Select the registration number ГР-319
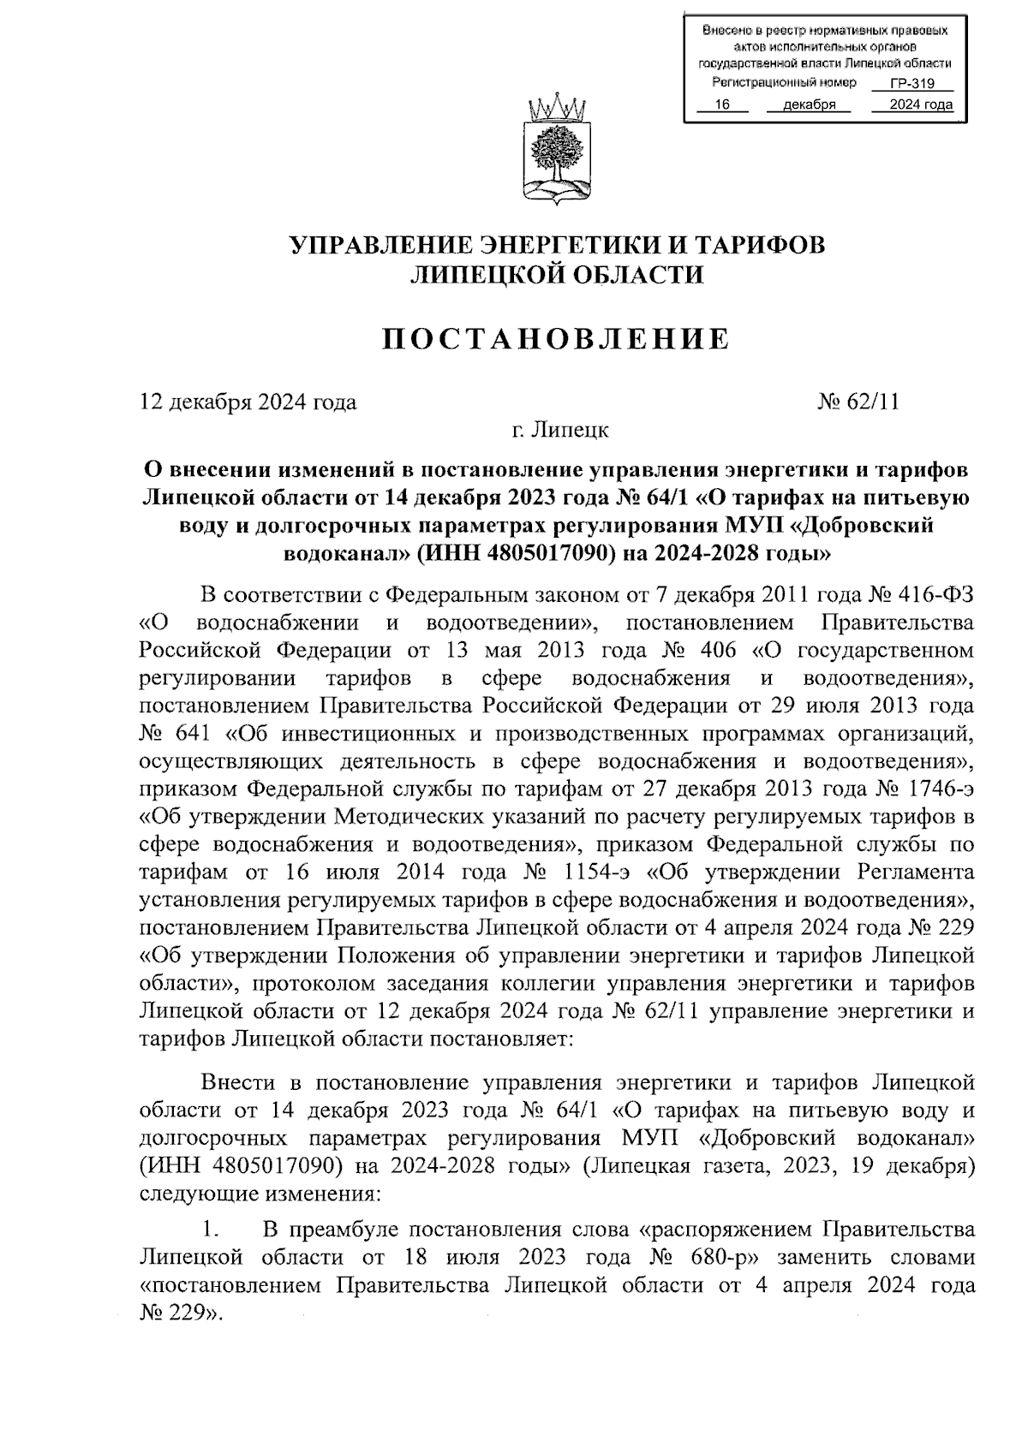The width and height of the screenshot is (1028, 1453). coord(911,84)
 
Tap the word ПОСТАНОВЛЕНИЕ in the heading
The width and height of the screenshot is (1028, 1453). coord(556,339)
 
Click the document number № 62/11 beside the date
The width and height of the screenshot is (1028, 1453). coord(858,402)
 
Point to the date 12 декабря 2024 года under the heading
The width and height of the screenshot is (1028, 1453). coord(248,402)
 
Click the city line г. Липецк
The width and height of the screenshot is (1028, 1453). coord(560,430)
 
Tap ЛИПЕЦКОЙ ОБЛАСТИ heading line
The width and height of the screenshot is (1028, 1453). coord(558,275)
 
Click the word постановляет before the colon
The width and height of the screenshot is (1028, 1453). coord(493,1039)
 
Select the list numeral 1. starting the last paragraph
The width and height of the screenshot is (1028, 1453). coord(209,1230)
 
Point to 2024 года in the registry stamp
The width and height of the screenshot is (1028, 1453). coord(920,105)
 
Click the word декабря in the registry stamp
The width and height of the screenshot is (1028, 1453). coord(810,105)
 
